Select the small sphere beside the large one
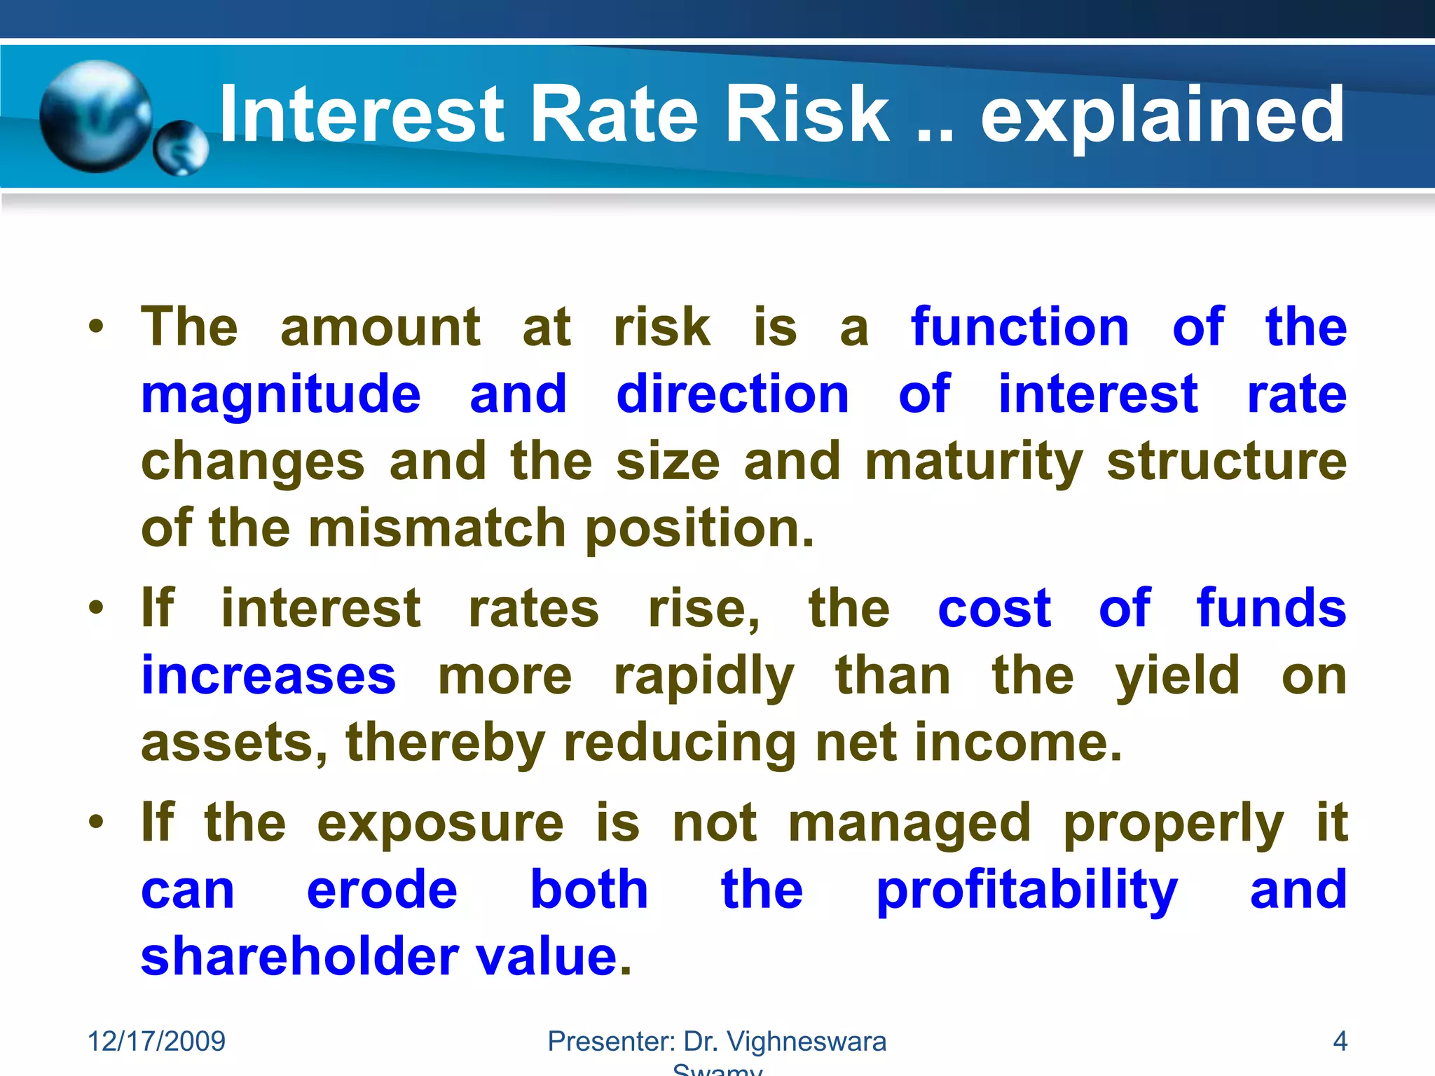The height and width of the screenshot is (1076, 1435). [x=181, y=148]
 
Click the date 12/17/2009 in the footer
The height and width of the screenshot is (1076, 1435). [x=156, y=1041]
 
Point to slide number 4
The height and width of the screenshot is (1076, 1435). [x=1340, y=1041]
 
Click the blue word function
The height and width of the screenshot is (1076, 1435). [x=1019, y=327]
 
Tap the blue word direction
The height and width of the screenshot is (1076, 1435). [x=732, y=394]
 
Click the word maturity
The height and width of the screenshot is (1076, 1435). [x=974, y=462]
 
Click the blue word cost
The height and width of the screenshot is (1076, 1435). [x=994, y=608]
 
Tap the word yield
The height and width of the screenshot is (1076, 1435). [x=1177, y=677]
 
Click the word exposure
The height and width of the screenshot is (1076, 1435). [x=440, y=824]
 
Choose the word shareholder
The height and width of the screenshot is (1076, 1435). [x=300, y=957]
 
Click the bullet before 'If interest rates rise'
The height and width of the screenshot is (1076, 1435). [x=97, y=607]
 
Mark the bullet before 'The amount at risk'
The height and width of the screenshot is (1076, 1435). [x=97, y=326]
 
